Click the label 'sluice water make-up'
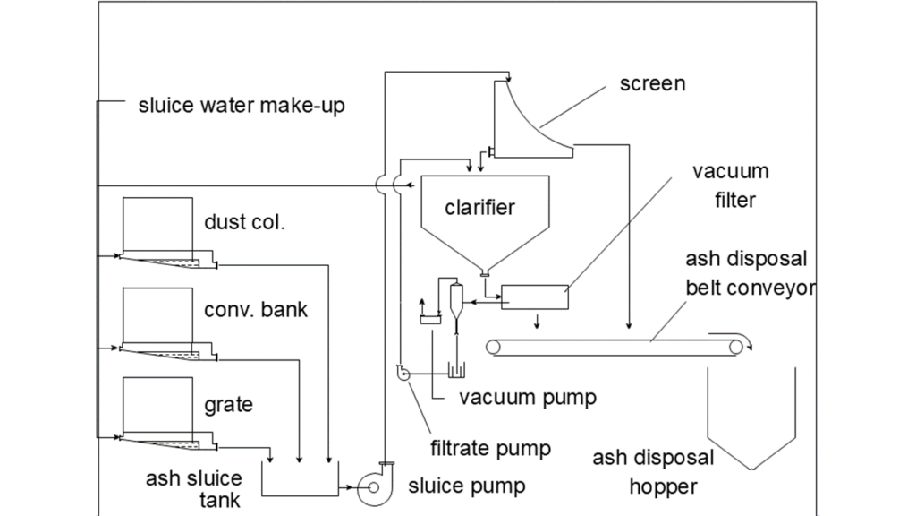tap(241, 106)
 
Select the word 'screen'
tap(653, 84)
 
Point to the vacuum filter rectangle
tap(535, 297)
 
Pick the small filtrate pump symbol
tap(401, 373)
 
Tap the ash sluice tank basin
tap(300, 479)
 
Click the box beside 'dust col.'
tap(157, 224)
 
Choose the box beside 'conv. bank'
tap(157, 314)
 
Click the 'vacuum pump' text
tap(527, 397)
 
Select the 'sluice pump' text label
tap(466, 486)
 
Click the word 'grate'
tap(228, 404)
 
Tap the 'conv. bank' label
tap(255, 311)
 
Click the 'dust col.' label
tap(244, 221)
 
